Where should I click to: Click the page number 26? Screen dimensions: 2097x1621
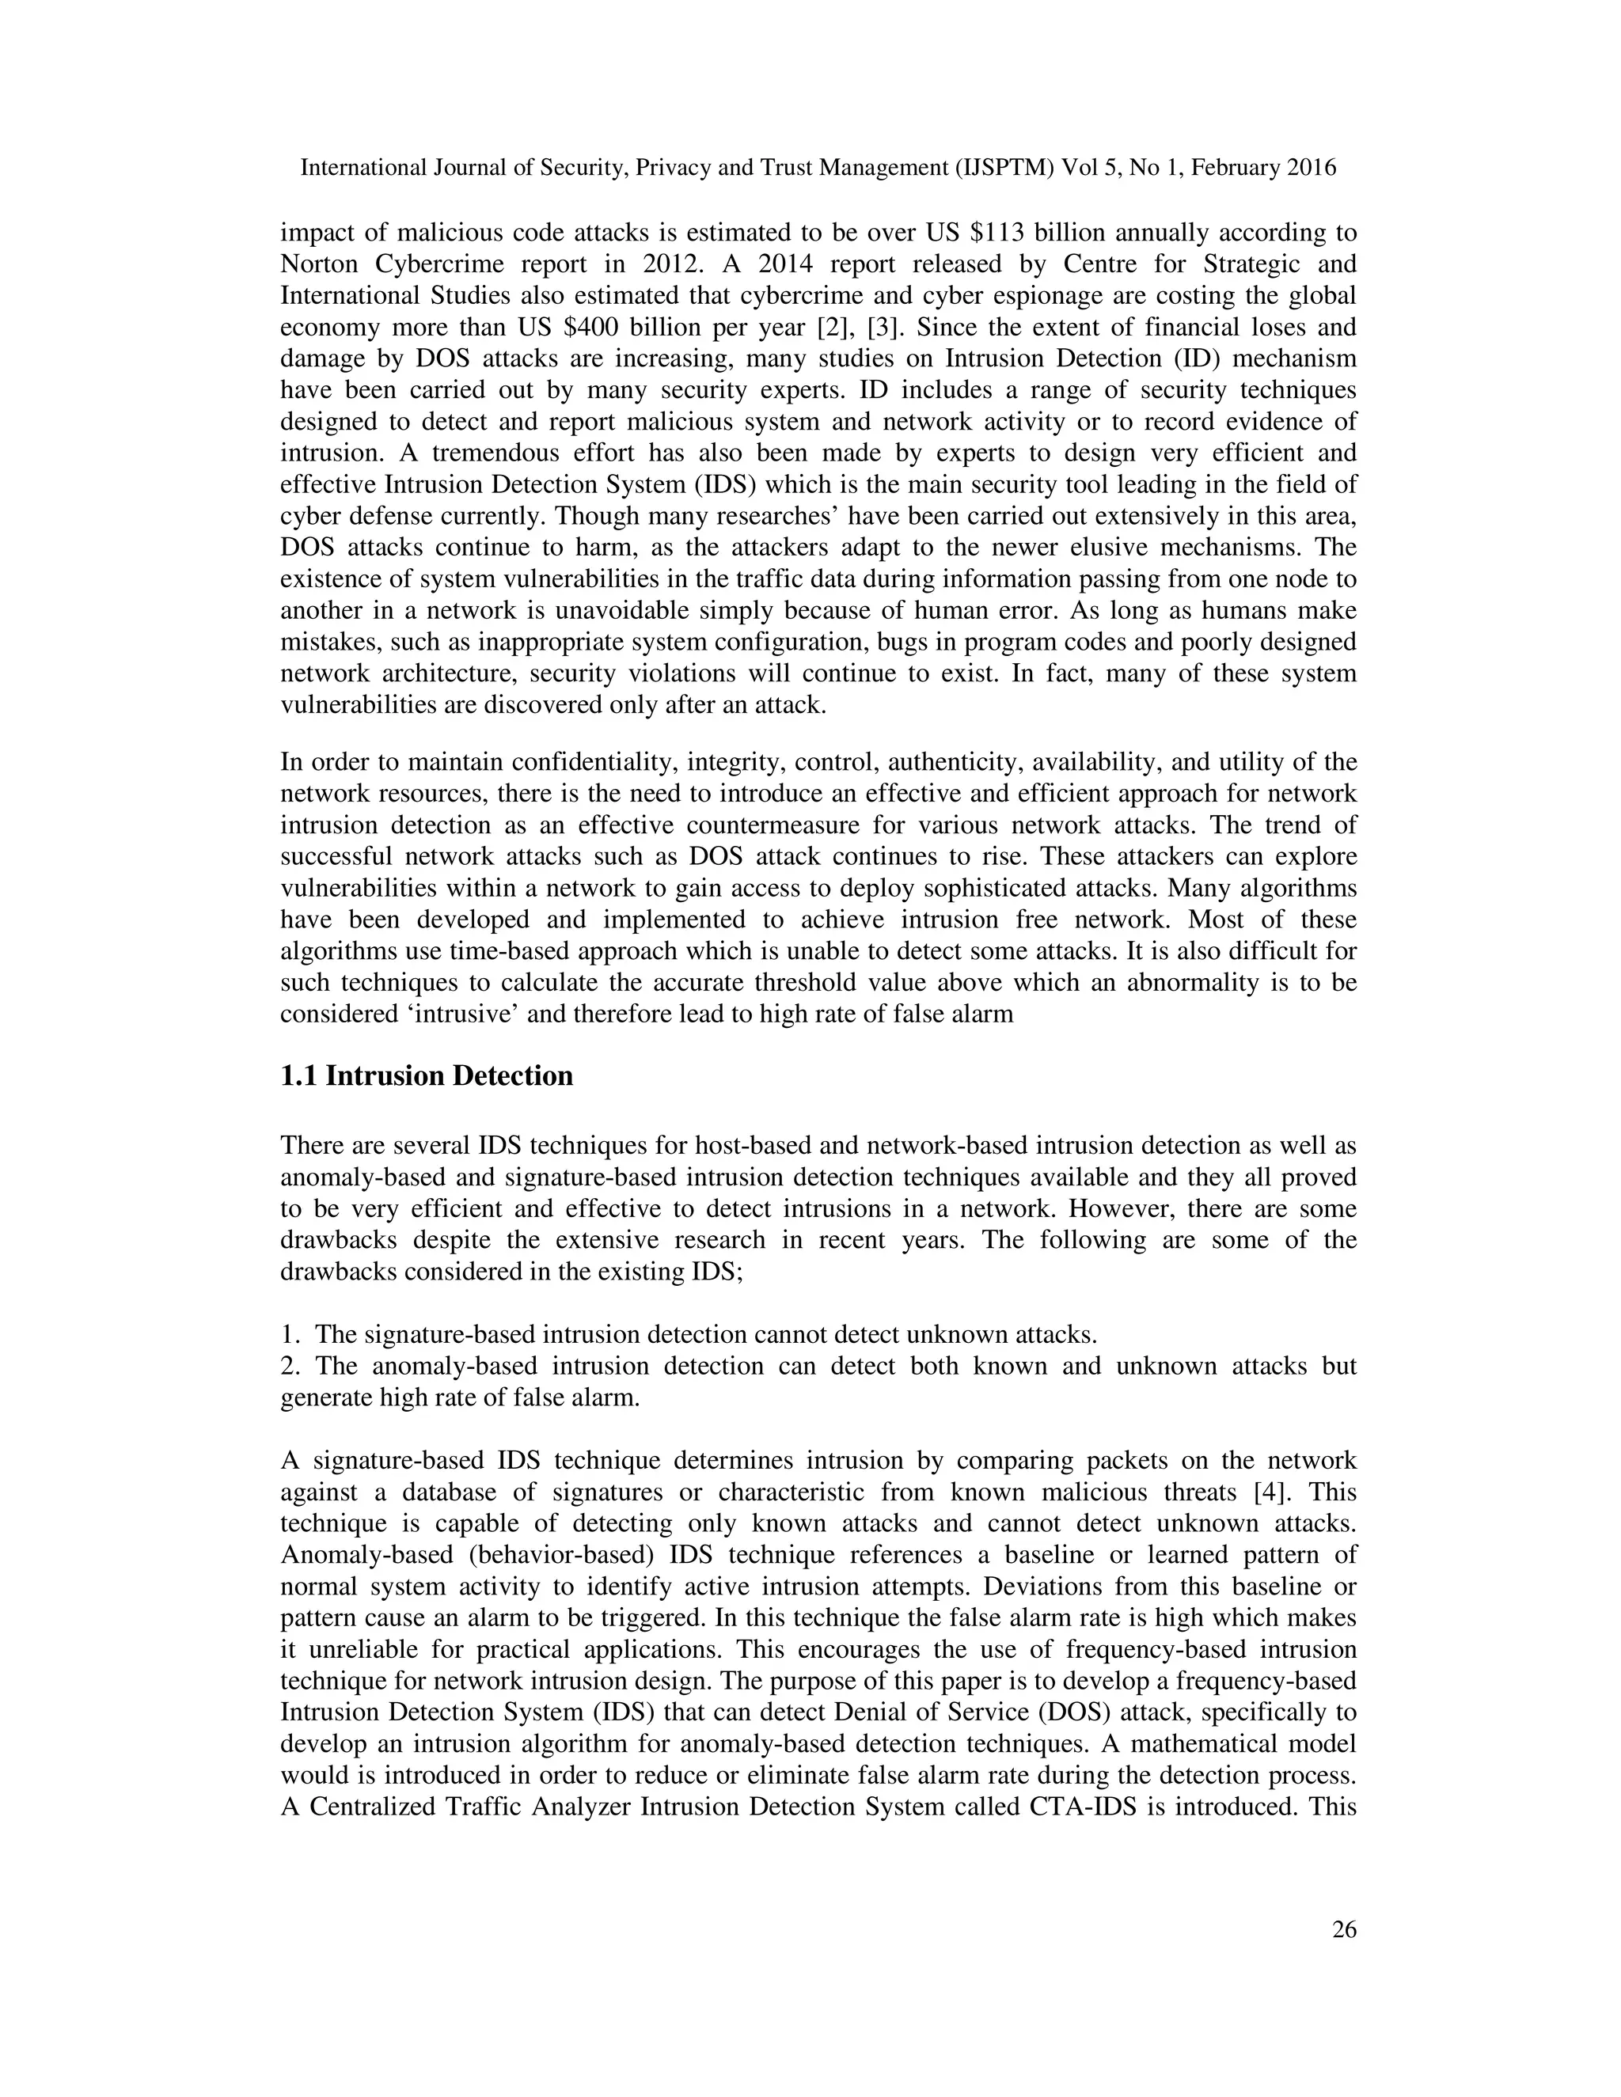tap(1345, 1930)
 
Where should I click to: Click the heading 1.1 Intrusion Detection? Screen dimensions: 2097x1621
tap(427, 1075)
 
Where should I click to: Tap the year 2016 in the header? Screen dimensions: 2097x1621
tap(1311, 168)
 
